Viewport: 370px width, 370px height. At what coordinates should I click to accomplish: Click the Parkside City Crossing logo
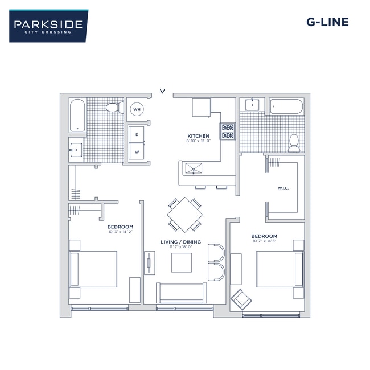(48, 26)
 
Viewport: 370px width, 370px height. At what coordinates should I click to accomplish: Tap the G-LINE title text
(327, 23)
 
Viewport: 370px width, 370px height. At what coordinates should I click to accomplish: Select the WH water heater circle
(137, 109)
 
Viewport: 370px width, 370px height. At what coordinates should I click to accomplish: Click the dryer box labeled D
(137, 134)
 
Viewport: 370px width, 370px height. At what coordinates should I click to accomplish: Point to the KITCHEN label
(199, 136)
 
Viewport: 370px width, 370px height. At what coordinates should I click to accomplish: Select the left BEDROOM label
(120, 227)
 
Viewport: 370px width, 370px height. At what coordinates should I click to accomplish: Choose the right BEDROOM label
(264, 236)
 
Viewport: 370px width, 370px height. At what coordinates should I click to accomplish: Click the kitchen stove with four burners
(228, 131)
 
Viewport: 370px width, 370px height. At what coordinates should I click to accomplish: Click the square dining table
(184, 215)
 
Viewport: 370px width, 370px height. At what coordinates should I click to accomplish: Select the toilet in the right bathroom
(294, 142)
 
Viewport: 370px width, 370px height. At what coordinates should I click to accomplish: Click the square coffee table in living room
(182, 262)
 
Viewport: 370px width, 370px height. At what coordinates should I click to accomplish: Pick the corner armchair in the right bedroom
(241, 299)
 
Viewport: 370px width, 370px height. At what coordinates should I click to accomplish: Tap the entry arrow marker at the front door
(163, 90)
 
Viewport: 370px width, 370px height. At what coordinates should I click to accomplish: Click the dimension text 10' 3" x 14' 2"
(120, 232)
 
